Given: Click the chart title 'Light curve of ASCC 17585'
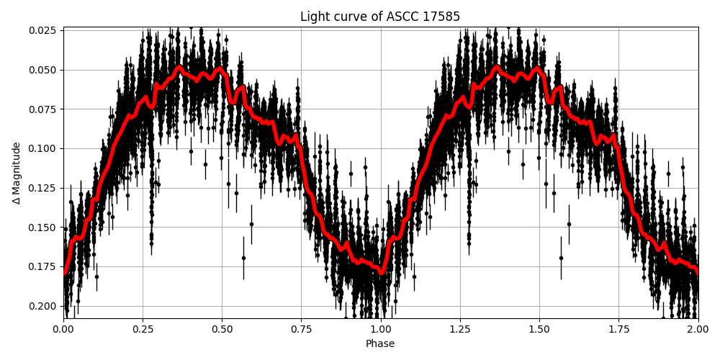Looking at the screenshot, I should [x=380, y=17].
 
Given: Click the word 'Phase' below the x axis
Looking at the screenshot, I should [x=380, y=344].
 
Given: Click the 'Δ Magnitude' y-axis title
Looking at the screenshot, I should [x=17, y=173].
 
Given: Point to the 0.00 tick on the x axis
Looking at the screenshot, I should [x=63, y=330].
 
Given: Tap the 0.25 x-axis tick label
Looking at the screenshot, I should [x=143, y=330].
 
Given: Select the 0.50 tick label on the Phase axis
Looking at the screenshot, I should [x=222, y=330].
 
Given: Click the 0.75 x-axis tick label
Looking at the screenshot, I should [x=302, y=330].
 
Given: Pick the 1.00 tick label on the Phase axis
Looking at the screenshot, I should [x=381, y=330].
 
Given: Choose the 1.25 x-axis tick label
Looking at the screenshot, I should [x=460, y=330].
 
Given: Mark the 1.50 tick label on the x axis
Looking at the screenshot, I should [x=539, y=330].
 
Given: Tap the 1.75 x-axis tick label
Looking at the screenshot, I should [x=618, y=330].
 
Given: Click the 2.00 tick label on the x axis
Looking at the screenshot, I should [x=698, y=330].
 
